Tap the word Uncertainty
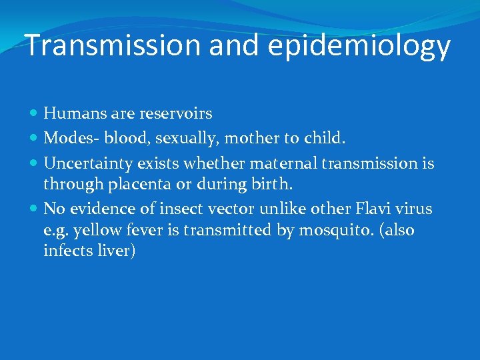pos(88,162)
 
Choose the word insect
pos(198,209)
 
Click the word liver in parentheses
pos(117,251)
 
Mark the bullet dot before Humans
pos(35,115)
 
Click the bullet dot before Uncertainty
pos(35,163)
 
